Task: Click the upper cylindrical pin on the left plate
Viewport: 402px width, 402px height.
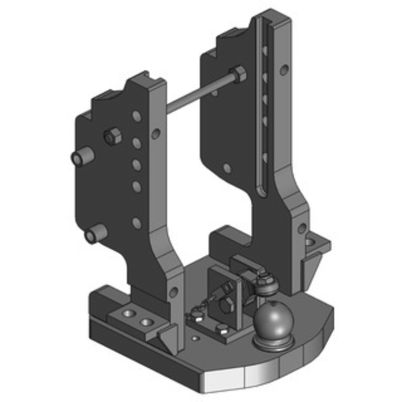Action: (82, 158)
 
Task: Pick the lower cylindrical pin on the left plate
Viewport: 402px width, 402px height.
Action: (95, 234)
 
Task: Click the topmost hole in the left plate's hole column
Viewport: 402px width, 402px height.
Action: (136, 116)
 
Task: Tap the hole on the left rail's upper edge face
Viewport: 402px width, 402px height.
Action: (156, 134)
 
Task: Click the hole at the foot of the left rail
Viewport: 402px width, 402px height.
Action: (173, 292)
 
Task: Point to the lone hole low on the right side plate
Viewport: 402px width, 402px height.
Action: (227, 168)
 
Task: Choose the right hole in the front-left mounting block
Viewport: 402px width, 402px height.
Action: (146, 321)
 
